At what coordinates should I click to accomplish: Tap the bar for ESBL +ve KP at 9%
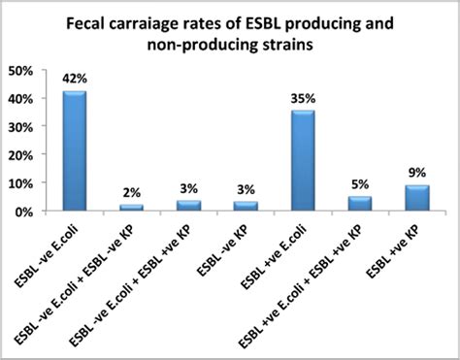click(416, 198)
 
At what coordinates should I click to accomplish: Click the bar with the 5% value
click(359, 204)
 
